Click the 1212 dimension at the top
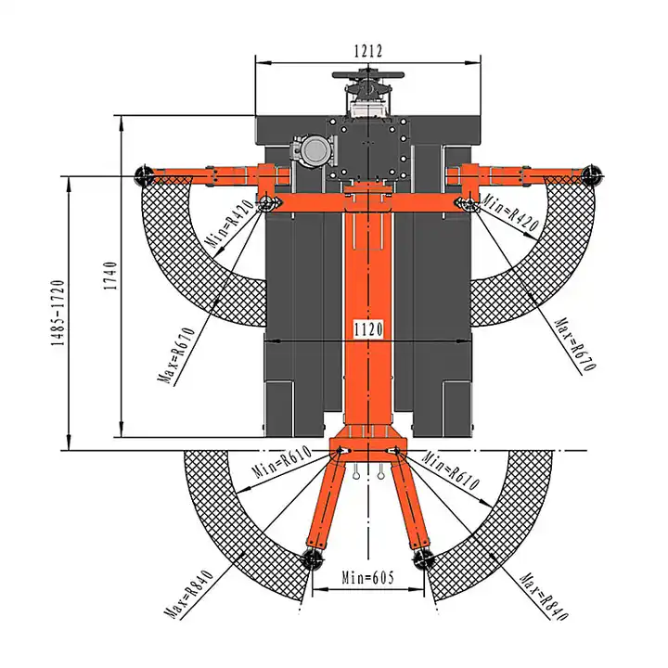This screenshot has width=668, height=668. click(368, 51)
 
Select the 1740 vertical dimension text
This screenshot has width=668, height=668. click(110, 276)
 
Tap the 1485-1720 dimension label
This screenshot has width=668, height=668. click(58, 313)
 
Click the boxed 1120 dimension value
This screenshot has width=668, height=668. click(368, 328)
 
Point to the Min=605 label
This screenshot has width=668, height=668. click(367, 578)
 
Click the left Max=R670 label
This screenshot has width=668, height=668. click(177, 355)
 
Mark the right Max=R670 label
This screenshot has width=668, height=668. click(575, 344)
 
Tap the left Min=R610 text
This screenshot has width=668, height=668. click(282, 462)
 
